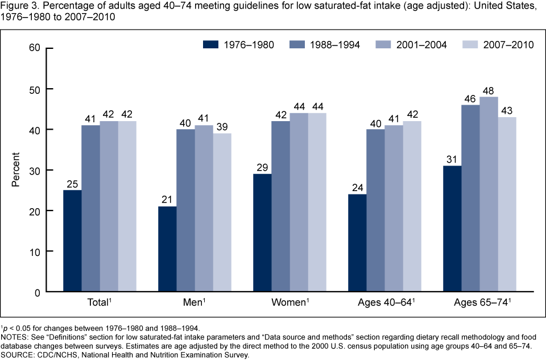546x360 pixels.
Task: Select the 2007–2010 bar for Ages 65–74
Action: pyautogui.click(x=507, y=205)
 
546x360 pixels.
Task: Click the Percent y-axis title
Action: pyautogui.click(x=16, y=170)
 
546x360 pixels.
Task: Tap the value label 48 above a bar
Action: pyautogui.click(x=489, y=91)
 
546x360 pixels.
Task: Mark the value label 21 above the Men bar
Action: pyautogui.click(x=167, y=200)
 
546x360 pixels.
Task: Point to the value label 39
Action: pyautogui.click(x=222, y=127)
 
